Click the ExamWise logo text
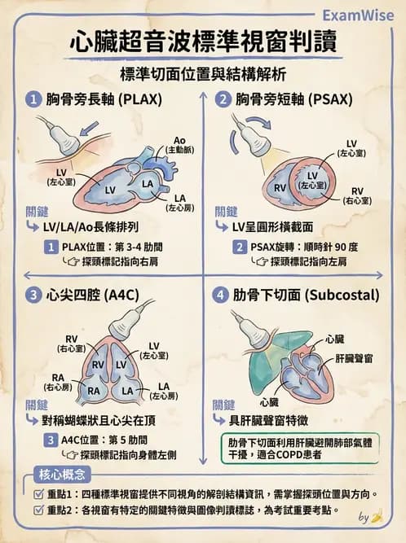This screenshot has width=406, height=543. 358,15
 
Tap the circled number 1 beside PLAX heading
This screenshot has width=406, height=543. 33,100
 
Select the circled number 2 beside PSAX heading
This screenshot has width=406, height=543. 223,100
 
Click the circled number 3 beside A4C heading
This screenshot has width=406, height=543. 33,295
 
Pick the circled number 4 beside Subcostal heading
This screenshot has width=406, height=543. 220,296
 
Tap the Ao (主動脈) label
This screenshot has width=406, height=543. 179,145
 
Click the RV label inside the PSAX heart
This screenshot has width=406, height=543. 280,188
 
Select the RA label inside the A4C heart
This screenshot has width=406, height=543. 94,391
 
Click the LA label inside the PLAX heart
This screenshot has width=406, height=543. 148,183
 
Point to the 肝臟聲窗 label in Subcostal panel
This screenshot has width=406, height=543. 354,358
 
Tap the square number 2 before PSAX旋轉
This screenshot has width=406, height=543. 240,247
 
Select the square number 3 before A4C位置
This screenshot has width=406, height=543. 51,440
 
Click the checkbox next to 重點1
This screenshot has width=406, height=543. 38,494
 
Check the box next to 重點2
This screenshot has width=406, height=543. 38,510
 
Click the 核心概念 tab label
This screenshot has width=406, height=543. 62,474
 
